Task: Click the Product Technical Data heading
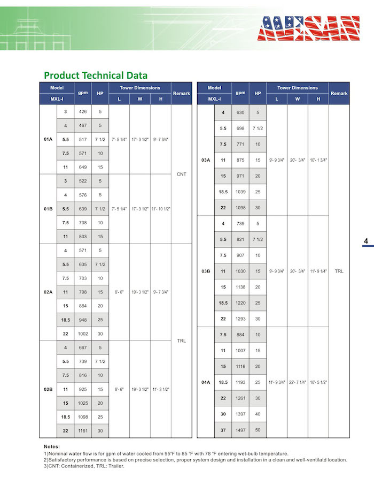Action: pos(96,75)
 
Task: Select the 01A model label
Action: pos(48,139)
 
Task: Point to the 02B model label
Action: pos(48,389)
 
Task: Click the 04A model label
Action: pos(206,382)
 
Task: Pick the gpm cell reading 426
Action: pos(83,111)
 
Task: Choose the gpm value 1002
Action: pos(83,334)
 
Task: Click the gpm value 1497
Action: pos(240,430)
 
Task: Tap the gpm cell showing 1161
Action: pos(83,430)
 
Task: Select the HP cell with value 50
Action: pos(258,430)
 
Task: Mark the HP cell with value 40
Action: pos(258,414)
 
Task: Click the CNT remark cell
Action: pos(181,174)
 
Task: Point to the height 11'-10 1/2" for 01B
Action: pos(160,209)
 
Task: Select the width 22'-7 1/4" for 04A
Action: pos(298,382)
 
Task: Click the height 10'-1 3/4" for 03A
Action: pos(318,160)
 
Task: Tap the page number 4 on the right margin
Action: pos(366,241)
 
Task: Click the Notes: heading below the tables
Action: pos(52,446)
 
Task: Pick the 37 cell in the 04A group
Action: pos(223,430)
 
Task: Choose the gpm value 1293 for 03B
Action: pos(240,319)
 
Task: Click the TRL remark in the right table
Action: pos(339,271)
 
